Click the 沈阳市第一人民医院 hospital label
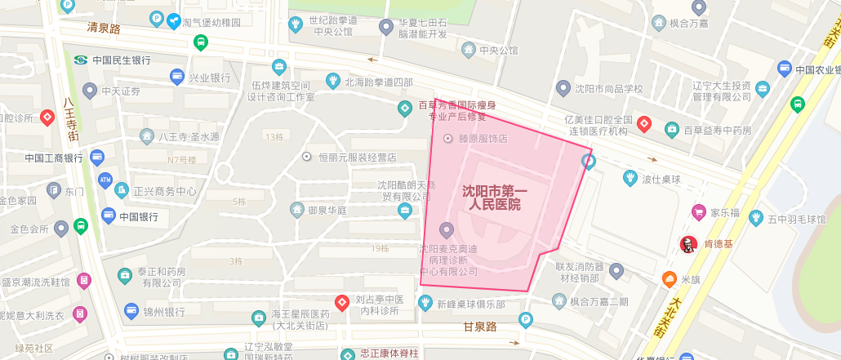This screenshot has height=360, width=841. click(x=496, y=198)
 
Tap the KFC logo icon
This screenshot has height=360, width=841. click(x=687, y=243)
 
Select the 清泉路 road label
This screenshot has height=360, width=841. click(x=104, y=28)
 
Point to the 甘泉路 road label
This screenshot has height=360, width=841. click(x=480, y=327)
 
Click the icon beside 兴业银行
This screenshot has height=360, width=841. click(x=176, y=78)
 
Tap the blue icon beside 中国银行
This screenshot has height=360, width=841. click(x=108, y=216)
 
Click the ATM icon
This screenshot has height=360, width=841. click(x=105, y=179)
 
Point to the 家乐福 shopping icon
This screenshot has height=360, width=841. click(x=698, y=212)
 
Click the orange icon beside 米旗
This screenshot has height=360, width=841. click(x=669, y=279)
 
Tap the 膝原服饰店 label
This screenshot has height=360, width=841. click(x=483, y=139)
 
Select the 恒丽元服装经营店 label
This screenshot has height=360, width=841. click(x=357, y=157)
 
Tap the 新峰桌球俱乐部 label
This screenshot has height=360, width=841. click(x=470, y=304)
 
